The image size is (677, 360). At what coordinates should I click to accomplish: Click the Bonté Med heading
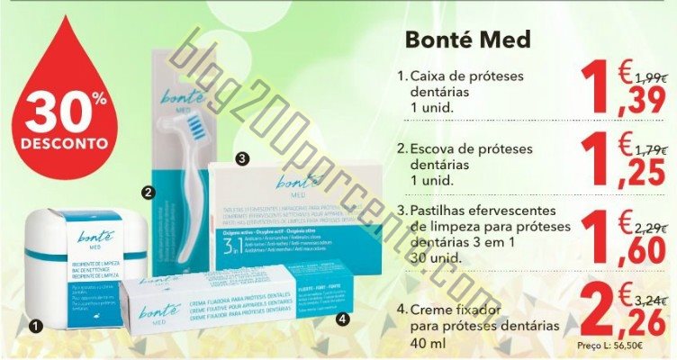468,40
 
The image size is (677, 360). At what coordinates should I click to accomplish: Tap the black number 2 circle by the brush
148,191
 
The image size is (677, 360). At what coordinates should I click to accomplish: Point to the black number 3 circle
241,158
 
